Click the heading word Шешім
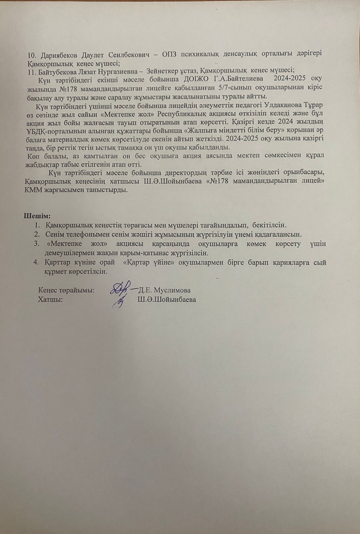37,215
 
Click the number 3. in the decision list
37,244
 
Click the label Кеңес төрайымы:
66,290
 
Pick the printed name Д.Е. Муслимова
164,290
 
